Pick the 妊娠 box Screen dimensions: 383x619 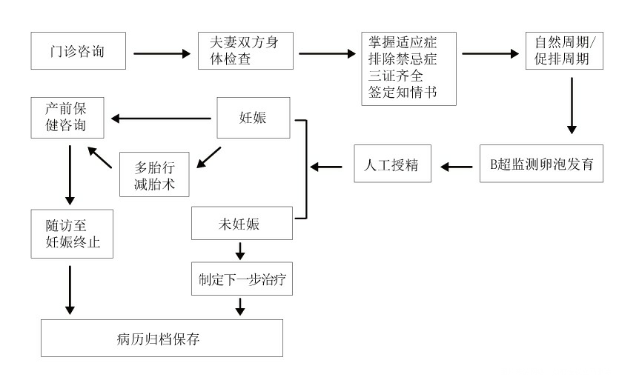253,118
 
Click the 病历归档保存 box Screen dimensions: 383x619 162,339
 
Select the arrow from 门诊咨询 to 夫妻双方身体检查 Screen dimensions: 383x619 161,53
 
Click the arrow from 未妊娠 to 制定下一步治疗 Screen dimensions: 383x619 239,251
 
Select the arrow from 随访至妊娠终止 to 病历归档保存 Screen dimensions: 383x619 70,289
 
